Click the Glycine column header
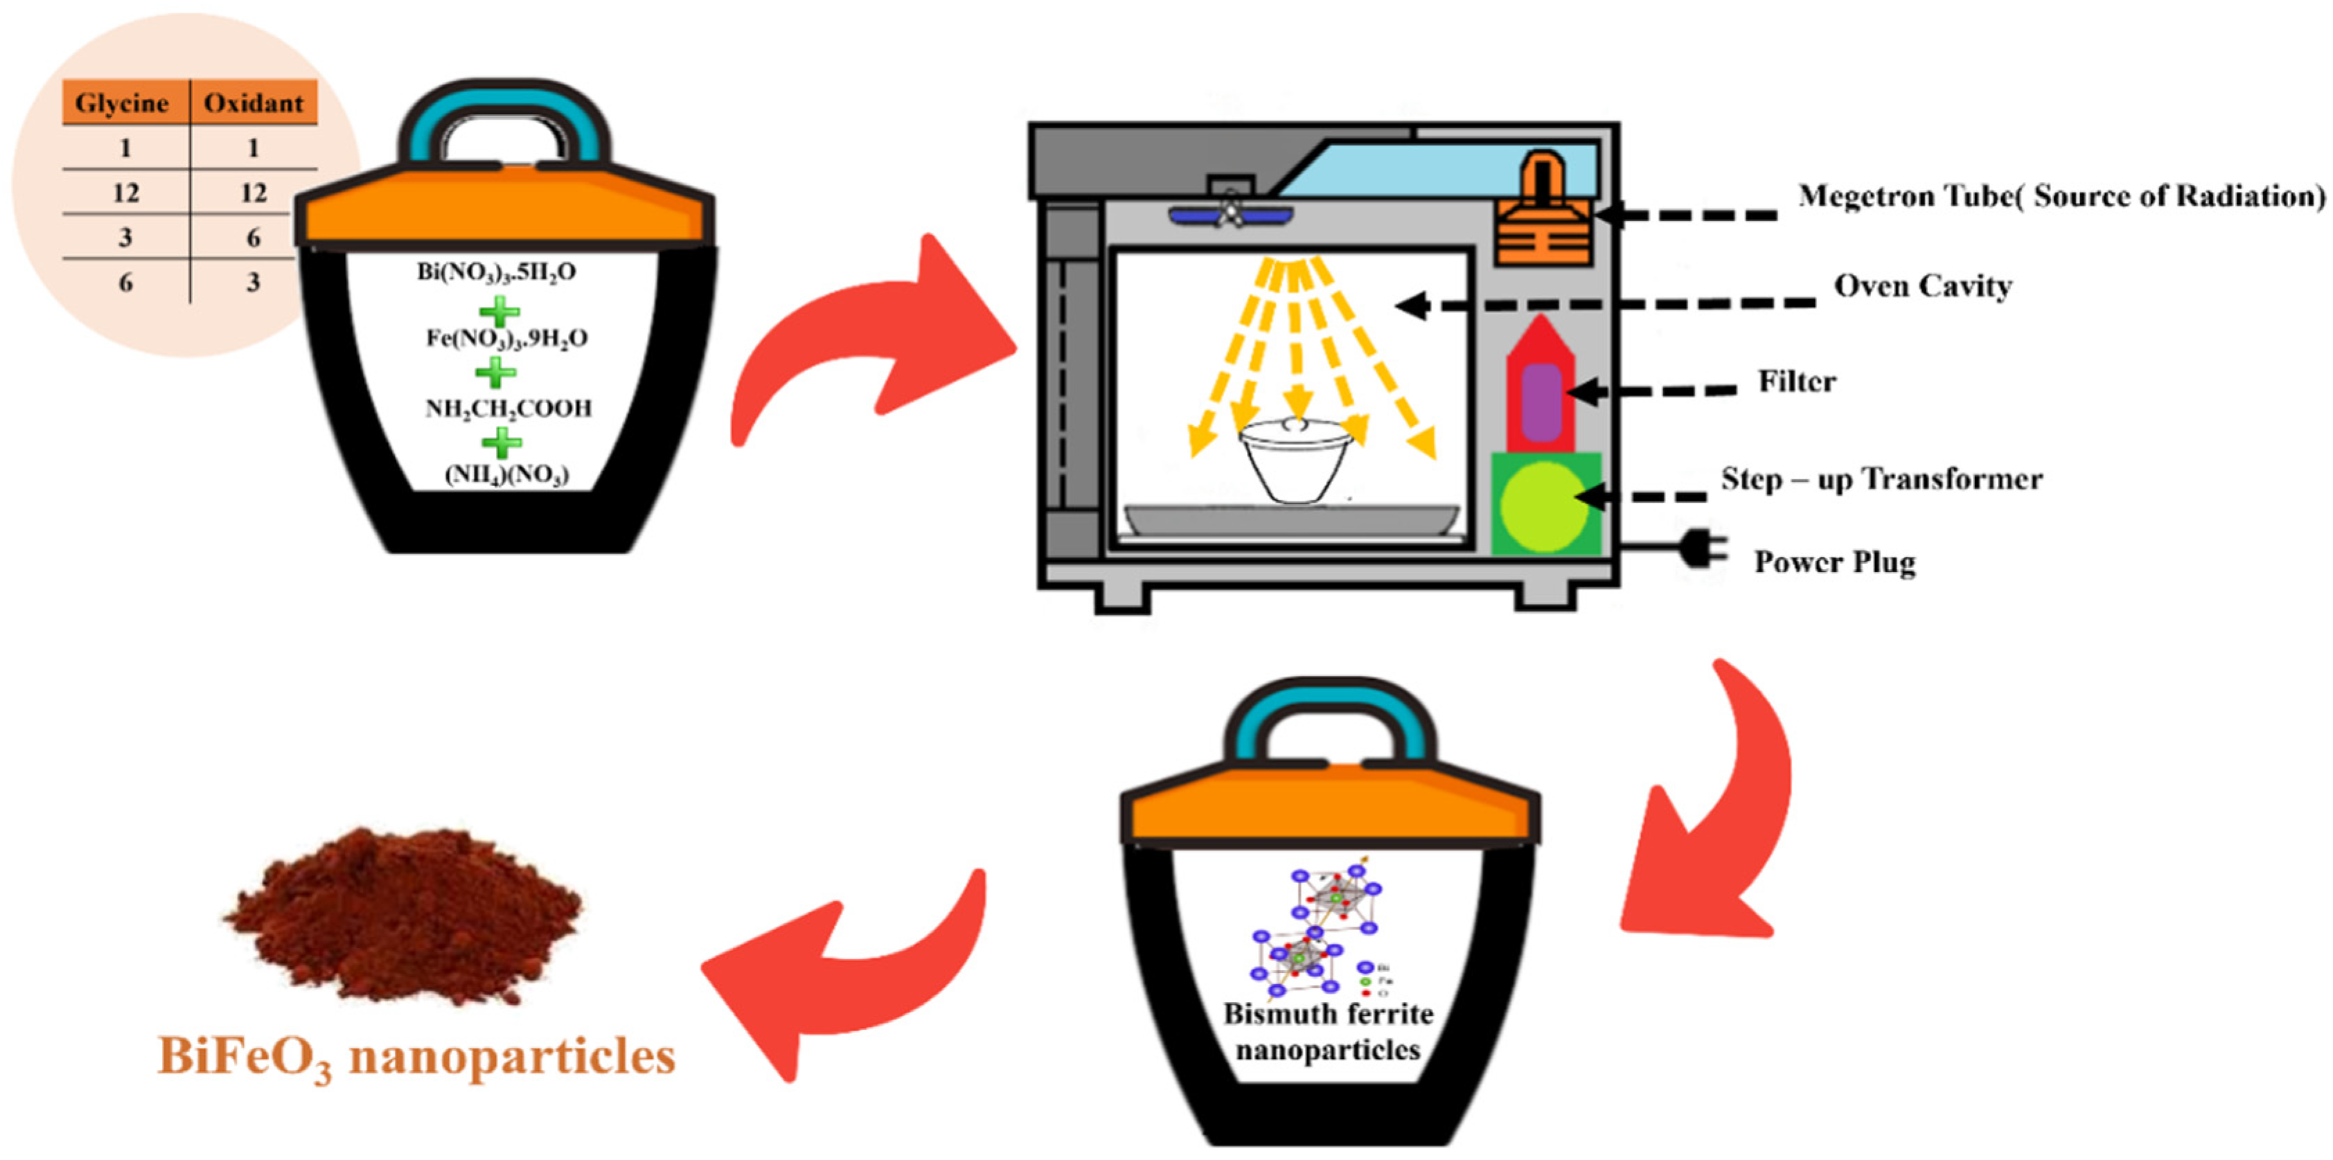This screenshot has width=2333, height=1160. pos(123,102)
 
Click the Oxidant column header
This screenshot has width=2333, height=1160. pos(254,102)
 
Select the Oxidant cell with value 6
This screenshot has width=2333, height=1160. pos(254,238)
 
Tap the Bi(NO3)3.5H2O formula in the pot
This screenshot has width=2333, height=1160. pos(496,271)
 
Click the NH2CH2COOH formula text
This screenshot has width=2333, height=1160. pos(508,409)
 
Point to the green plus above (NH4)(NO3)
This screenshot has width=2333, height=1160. pos(501,442)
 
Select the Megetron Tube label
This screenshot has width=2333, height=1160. pos(2060,195)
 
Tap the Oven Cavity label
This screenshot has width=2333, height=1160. pos(1922,286)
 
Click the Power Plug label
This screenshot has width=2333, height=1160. pos(1834,562)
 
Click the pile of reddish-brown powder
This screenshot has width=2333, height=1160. pos(403,915)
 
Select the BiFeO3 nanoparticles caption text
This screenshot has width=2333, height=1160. pos(416,1057)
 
